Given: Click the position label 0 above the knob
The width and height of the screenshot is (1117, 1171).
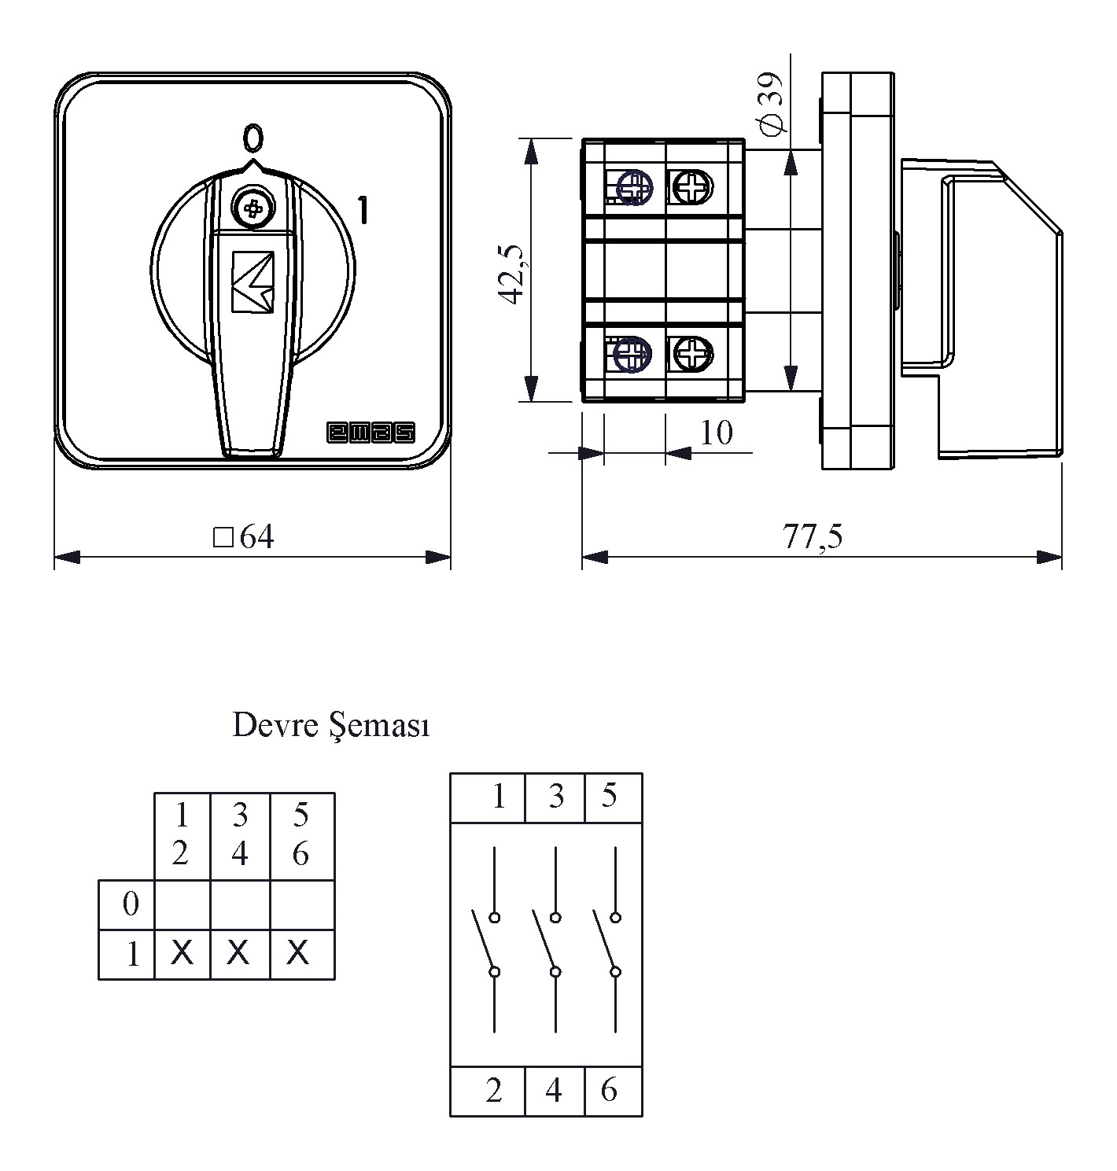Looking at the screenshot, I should pos(253,138).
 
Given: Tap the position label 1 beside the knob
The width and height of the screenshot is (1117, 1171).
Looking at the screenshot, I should pos(363,210).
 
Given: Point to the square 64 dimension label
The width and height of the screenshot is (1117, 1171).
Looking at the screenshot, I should pos(245,537).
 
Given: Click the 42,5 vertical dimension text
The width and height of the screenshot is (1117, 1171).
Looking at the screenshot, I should pos(511,273).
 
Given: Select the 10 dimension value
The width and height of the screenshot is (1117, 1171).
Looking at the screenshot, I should pos(716,432).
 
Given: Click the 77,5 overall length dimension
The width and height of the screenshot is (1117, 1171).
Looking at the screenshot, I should pos(812,536).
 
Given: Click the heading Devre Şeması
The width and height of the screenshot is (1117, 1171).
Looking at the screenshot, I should pos(331,725).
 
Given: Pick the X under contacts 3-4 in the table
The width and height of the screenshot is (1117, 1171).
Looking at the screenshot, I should pos(239,954).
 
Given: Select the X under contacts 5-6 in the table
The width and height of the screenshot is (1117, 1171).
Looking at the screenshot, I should pos(299,954).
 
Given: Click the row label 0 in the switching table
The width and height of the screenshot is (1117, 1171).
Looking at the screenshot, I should pos(131,904).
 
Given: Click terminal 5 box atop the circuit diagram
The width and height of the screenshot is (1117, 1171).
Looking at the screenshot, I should pos(612,797).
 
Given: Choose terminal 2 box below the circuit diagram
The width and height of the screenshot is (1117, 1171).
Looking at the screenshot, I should pos(492,1091).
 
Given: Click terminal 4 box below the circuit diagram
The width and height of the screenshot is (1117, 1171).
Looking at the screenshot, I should pos(554,1091).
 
